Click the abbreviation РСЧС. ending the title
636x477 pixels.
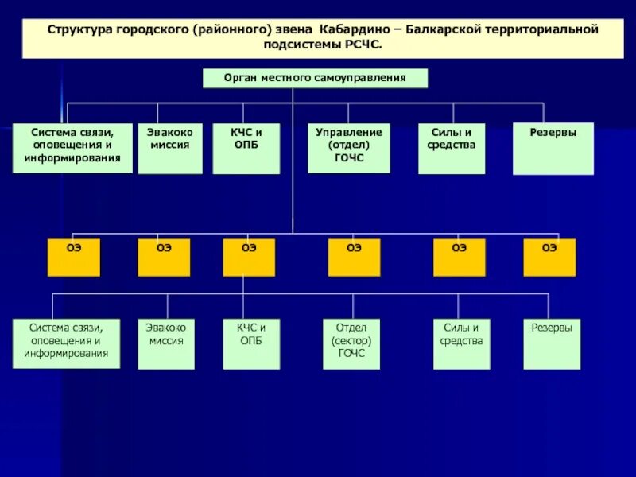tap(363, 45)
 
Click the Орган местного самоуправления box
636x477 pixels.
tap(315, 78)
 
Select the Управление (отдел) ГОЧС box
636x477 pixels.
tap(348, 148)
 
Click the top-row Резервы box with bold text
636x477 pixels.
tap(553, 148)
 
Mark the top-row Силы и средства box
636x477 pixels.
tap(452, 148)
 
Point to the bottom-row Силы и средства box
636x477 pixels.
tap(461, 343)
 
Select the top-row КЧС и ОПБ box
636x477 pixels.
tap(246, 148)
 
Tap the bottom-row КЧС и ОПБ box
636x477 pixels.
tap(251, 343)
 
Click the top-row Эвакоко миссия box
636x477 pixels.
tap(169, 148)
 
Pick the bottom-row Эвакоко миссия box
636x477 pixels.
tap(165, 343)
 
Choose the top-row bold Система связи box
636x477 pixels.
tap(72, 148)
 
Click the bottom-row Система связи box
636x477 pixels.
tap(66, 343)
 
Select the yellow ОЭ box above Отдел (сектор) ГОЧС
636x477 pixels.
tap(354, 258)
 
